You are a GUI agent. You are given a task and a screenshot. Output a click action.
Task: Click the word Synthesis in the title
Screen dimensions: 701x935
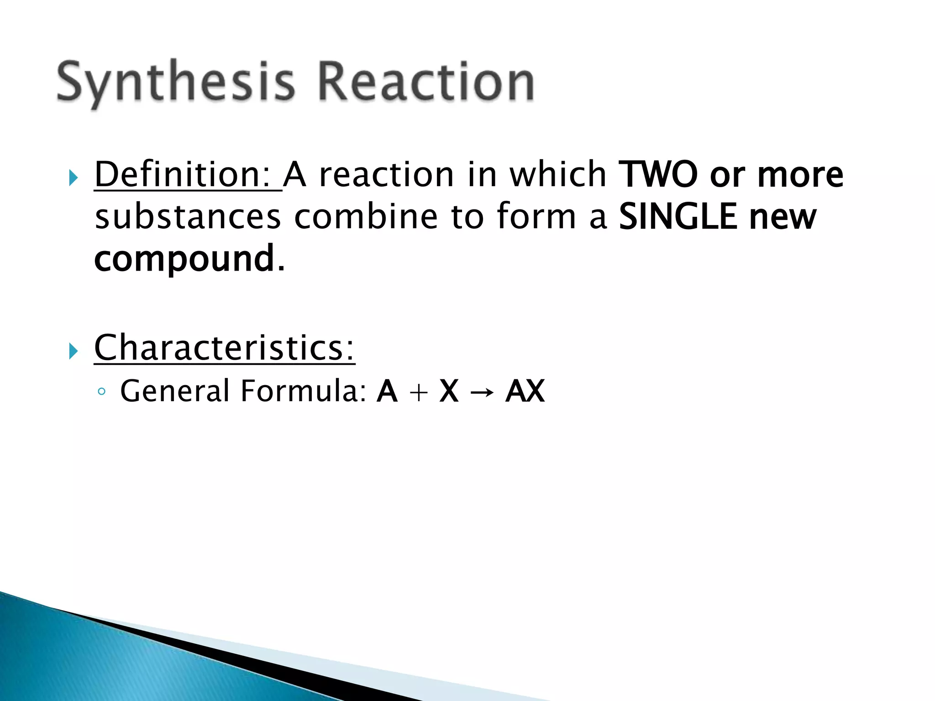(176, 82)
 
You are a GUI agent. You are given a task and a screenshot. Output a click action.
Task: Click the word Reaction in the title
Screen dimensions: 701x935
(425, 82)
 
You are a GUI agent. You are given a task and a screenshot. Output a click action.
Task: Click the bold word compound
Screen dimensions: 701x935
(184, 259)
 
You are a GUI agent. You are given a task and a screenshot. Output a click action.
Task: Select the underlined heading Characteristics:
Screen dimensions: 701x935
(224, 348)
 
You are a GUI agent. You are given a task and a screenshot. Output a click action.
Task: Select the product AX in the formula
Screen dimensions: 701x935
(525, 391)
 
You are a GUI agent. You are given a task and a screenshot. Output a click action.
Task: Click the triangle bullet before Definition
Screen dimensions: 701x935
(73, 178)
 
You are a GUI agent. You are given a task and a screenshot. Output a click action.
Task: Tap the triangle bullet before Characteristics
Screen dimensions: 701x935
(73, 351)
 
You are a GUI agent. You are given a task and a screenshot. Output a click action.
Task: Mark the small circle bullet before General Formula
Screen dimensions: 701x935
(101, 392)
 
